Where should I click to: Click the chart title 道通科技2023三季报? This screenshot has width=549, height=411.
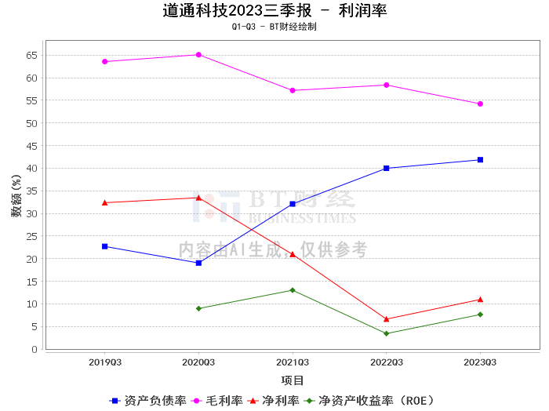click(x=237, y=10)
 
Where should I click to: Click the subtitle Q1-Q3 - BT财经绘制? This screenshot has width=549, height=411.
click(x=274, y=27)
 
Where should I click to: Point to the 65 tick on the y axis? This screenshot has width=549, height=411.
click(x=31, y=56)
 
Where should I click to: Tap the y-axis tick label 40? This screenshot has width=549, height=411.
click(x=31, y=169)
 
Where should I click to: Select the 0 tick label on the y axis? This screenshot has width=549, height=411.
click(x=35, y=349)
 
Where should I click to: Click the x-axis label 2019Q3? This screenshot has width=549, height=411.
click(x=104, y=362)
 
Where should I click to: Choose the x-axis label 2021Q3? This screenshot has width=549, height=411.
click(x=293, y=362)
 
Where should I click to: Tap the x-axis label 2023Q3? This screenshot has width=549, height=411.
click(x=480, y=362)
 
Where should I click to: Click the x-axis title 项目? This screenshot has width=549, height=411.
click(x=293, y=380)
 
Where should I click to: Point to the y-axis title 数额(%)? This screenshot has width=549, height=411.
click(x=16, y=196)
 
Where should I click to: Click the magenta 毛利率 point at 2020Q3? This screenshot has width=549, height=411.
click(x=198, y=55)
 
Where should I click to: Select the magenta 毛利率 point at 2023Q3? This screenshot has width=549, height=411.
click(x=480, y=104)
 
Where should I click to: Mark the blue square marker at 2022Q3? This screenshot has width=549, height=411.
click(x=386, y=169)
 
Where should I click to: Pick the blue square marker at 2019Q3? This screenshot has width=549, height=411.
click(x=104, y=246)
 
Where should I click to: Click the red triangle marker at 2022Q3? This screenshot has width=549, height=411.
click(x=386, y=319)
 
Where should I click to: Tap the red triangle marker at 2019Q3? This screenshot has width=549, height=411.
click(x=104, y=202)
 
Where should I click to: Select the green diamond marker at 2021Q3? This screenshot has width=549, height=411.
click(x=293, y=290)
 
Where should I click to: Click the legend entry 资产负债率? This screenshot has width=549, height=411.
click(x=147, y=401)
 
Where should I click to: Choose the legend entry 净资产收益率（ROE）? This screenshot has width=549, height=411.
click(x=369, y=401)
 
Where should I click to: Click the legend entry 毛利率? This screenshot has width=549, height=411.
click(x=217, y=401)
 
